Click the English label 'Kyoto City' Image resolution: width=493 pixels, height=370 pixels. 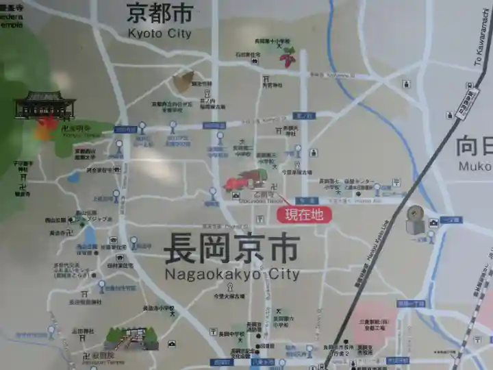(159, 32)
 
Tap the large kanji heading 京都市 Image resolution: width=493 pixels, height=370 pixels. (159, 12)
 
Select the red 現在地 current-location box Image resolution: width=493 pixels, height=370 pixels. (303, 214)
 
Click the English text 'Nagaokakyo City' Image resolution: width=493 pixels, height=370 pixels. (232, 274)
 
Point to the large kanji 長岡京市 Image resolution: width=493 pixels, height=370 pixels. (231, 249)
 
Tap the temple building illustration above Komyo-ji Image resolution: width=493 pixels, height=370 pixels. (45, 105)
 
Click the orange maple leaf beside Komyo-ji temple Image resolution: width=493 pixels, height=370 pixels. (47, 127)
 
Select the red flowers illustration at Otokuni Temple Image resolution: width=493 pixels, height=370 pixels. (242, 181)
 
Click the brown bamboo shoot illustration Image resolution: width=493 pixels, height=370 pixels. (183, 82)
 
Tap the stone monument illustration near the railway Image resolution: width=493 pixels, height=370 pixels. (415, 219)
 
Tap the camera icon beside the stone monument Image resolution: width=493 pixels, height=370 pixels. (433, 223)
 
